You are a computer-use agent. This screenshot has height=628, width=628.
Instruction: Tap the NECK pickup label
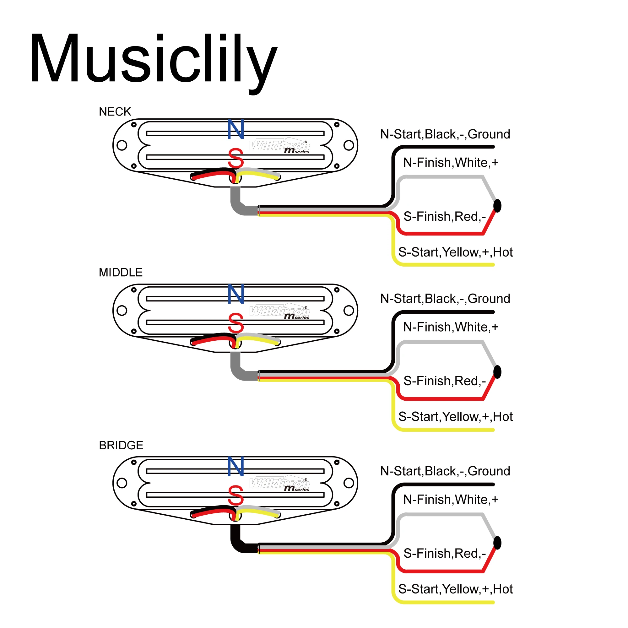pos(115,112)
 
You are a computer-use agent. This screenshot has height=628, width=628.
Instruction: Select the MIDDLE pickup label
pos(121,272)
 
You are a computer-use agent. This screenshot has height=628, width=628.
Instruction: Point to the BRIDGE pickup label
pos(121,445)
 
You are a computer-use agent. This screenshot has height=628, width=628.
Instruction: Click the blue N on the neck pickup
pos(236,129)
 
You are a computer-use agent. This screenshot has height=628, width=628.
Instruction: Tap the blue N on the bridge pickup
pos(236,467)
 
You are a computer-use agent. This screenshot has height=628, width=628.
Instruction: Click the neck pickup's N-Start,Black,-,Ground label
pos(445,134)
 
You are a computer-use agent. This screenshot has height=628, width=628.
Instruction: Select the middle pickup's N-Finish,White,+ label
pos(451,327)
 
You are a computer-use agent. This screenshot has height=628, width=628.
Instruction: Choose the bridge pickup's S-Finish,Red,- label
pos(444,553)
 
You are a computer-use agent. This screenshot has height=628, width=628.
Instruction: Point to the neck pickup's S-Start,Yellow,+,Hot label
pos(455,252)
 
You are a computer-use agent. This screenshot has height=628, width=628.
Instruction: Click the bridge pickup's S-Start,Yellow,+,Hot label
pos(455,589)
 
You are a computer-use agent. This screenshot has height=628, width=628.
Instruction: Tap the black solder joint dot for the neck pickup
pos(497,206)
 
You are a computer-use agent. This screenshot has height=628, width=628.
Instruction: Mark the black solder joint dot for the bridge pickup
pos(497,543)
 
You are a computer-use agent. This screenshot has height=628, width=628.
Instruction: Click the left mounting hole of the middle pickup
pos(122,311)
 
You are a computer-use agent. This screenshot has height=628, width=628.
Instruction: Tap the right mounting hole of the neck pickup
pos(349,145)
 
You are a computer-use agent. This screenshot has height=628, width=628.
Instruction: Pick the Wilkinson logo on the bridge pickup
pos(279,484)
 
